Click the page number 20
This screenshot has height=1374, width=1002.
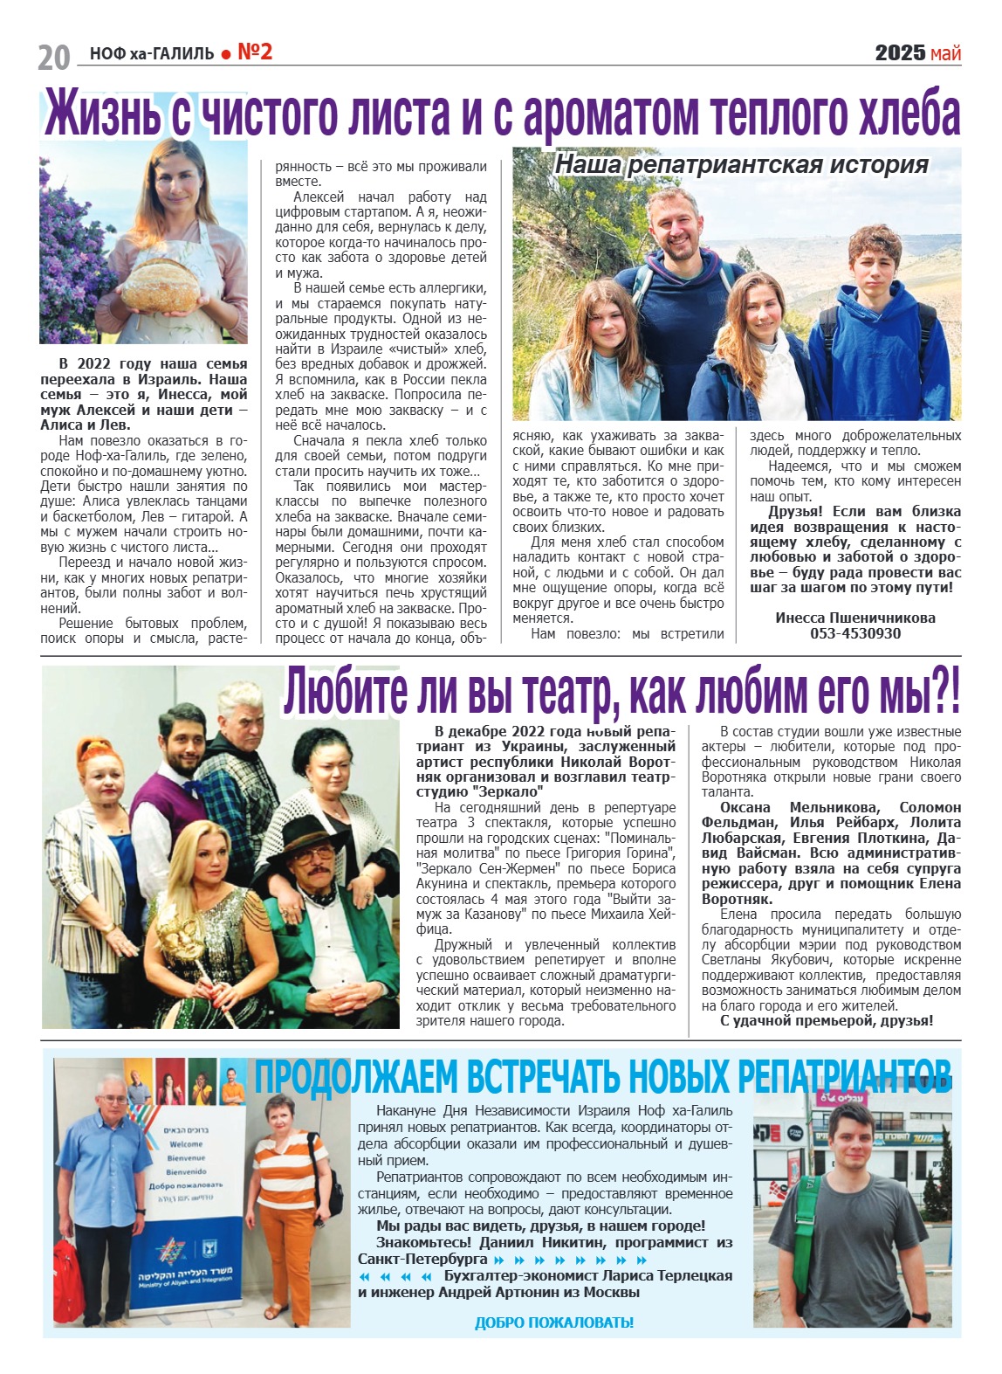pos(53,57)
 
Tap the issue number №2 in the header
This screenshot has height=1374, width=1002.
pos(255,52)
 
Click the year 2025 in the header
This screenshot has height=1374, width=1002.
pos(900,53)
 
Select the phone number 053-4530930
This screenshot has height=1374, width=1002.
pos(854,633)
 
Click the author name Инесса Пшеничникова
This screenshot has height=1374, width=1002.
pos(854,618)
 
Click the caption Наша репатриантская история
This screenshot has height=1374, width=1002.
pos(742,164)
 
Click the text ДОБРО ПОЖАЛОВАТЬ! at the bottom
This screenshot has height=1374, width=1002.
pos(553,1322)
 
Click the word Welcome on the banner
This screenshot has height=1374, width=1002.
pos(186,1143)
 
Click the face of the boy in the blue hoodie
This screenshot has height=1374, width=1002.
pos(875,259)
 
